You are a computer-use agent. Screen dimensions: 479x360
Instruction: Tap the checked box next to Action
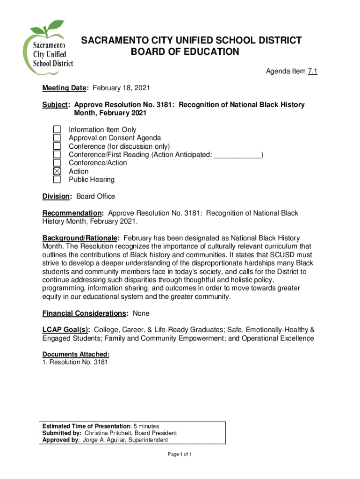click(57, 171)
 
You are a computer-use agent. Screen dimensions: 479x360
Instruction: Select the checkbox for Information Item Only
click(57, 130)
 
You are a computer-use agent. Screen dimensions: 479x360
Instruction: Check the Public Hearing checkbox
click(57, 180)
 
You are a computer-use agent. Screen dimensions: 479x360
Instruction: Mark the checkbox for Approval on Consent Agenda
click(57, 138)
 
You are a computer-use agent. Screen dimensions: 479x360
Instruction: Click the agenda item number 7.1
click(312, 72)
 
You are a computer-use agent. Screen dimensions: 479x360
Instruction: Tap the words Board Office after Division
click(96, 196)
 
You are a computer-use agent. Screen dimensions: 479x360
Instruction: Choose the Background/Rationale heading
click(81, 239)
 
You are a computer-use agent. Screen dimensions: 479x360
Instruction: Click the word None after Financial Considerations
click(141, 313)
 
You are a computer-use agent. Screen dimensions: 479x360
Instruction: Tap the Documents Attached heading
click(76, 355)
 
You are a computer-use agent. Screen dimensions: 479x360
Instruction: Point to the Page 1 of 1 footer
click(180, 455)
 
